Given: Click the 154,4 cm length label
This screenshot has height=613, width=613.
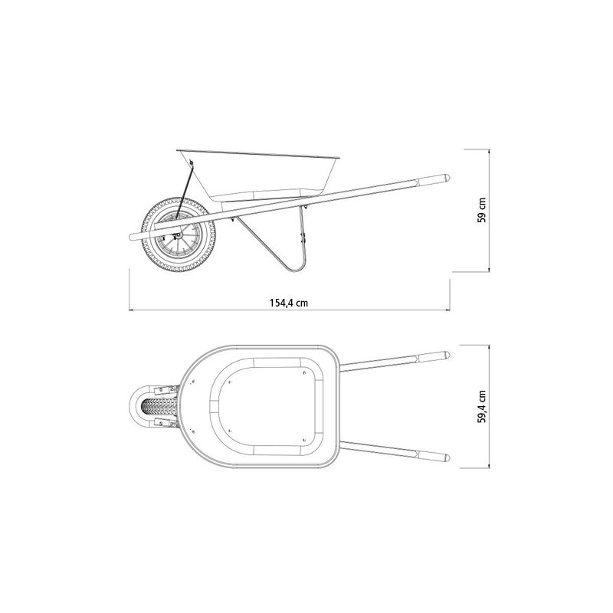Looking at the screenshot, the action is tap(289, 303).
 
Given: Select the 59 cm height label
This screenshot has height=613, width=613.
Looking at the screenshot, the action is tap(482, 210).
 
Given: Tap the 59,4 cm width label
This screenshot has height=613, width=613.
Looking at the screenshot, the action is tap(482, 406).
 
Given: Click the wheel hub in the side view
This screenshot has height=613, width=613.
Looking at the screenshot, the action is tap(179, 235).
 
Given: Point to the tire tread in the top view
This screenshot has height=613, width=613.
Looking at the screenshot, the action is tap(159, 407).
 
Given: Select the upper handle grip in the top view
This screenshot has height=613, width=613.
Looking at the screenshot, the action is tap(434, 357).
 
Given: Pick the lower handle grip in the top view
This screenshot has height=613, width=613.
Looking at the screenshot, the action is tap(434, 456).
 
